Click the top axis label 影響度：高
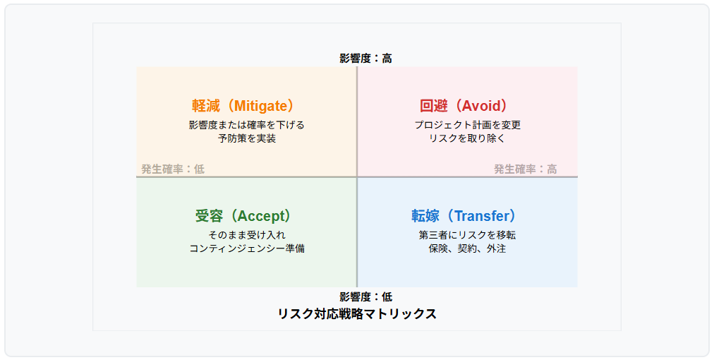[x=365, y=59]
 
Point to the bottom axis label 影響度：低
[x=365, y=297]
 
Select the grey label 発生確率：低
[x=173, y=169]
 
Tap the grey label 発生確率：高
[x=526, y=169]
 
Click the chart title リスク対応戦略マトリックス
[x=357, y=314]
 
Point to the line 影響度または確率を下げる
[x=246, y=125]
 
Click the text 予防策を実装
[x=246, y=138]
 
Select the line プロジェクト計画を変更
[x=467, y=125]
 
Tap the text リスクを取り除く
[x=467, y=138]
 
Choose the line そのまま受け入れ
[x=246, y=235]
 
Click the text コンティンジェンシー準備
[x=246, y=248]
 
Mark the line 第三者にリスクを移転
[x=467, y=235]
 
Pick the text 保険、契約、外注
[x=467, y=248]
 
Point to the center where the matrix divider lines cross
[x=357, y=176]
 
